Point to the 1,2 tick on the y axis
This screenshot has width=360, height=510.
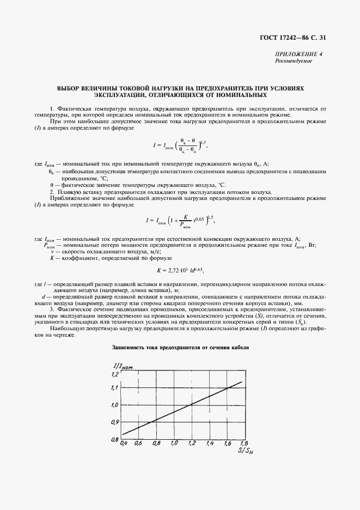(x=114, y=375)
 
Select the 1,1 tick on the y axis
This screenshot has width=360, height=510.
(x=114, y=388)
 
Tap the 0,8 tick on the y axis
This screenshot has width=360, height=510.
(x=114, y=439)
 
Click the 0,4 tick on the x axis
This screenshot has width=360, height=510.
(x=123, y=444)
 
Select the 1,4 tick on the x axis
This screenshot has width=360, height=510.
(x=209, y=444)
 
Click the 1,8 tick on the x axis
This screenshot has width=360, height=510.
(x=243, y=444)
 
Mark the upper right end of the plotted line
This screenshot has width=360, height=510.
(x=241, y=382)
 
